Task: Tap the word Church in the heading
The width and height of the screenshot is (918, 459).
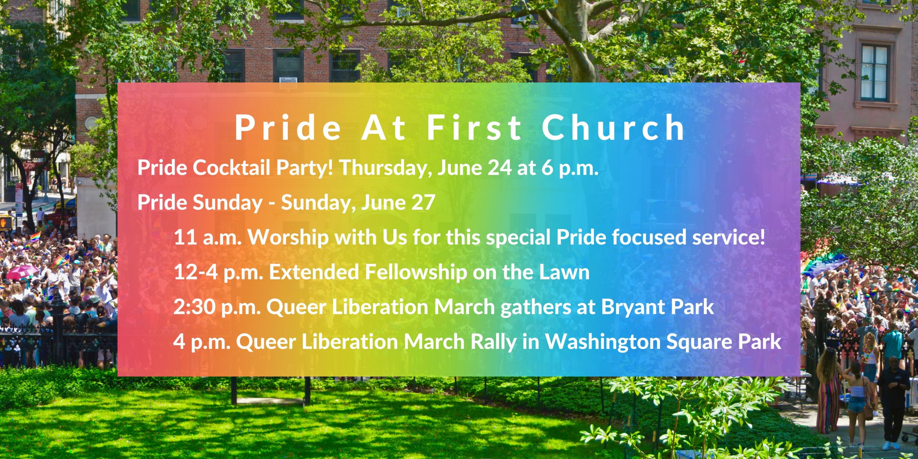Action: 614,128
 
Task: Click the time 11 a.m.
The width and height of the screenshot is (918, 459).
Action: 207,237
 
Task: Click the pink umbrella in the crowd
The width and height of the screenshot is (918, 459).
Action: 22,272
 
